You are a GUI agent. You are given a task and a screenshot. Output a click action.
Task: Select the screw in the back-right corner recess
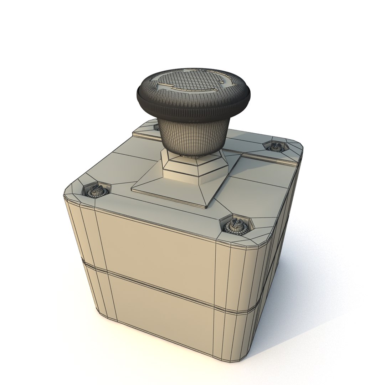[275, 146]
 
